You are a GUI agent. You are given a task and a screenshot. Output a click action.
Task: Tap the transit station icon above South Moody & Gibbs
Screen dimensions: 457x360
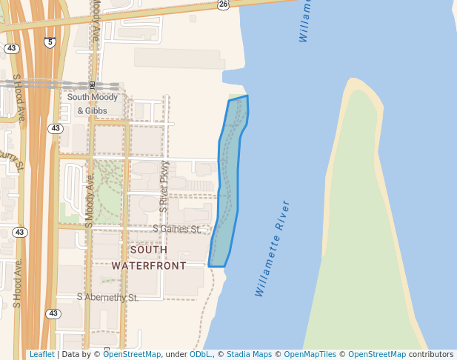(x=92, y=85)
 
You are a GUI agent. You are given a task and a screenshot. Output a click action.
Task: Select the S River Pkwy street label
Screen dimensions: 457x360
(x=164, y=193)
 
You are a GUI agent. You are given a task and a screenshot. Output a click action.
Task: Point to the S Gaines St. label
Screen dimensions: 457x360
(x=177, y=230)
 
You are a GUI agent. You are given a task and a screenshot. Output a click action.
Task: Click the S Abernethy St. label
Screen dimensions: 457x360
(x=107, y=297)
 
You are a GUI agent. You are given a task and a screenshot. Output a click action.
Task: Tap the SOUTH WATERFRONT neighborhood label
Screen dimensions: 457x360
(x=149, y=257)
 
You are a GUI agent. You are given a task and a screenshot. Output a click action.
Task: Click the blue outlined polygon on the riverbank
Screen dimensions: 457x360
(x=230, y=178)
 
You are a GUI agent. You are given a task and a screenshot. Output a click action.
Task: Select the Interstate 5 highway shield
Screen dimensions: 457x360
(x=50, y=43)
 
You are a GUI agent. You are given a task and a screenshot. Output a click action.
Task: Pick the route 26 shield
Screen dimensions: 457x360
(x=223, y=4)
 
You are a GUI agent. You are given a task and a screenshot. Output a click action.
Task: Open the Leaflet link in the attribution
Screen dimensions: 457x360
(x=41, y=354)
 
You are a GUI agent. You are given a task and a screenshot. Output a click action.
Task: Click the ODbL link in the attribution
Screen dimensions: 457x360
(x=200, y=354)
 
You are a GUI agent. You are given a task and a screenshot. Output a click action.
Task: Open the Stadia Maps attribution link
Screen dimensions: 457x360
(x=249, y=354)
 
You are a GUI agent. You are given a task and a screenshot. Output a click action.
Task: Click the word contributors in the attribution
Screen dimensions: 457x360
(x=430, y=354)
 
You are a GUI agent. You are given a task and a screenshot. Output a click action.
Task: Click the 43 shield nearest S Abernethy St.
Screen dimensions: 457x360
(x=53, y=314)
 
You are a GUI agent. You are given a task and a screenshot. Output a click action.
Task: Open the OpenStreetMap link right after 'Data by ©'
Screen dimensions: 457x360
(x=132, y=354)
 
